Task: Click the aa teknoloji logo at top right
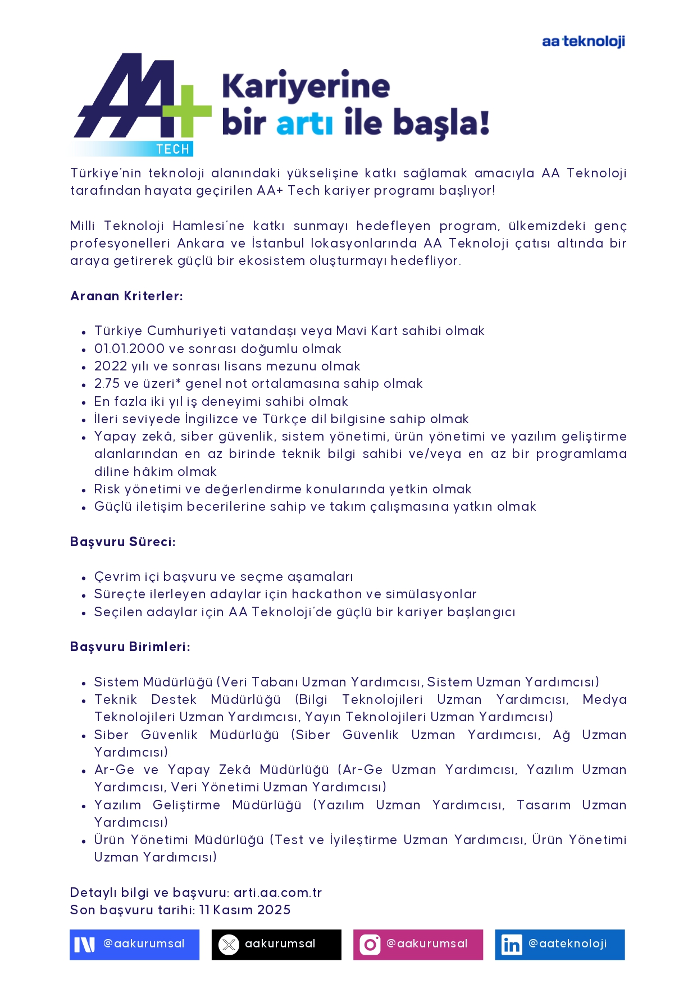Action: tap(583, 42)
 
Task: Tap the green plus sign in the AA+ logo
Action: tap(187, 111)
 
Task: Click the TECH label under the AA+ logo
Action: tap(172, 149)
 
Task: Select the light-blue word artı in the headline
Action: tap(304, 123)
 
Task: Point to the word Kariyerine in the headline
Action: tap(306, 86)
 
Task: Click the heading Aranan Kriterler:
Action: tap(126, 296)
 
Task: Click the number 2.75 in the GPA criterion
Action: tap(106, 383)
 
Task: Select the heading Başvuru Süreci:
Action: tap(122, 542)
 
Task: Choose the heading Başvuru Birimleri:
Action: tap(130, 647)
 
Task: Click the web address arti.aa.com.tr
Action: tap(277, 892)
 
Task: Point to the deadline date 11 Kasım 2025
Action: tap(245, 910)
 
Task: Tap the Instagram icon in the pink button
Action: tap(370, 945)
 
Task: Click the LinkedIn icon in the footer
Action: tap(511, 945)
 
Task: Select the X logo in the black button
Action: tap(229, 945)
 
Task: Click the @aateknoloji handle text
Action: tap(567, 943)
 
